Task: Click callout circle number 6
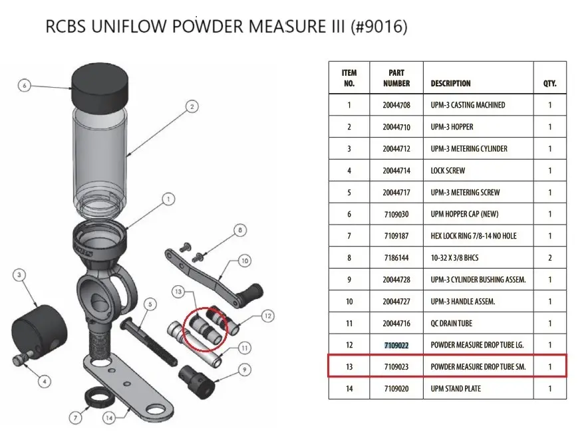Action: click(24, 86)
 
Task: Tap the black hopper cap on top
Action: click(100, 88)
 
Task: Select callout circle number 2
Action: click(192, 107)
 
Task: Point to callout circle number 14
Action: click(109, 418)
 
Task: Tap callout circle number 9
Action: click(244, 370)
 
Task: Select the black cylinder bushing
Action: click(197, 382)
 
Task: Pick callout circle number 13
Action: click(178, 291)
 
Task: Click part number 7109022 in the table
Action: click(396, 346)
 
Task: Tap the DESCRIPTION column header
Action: click(451, 83)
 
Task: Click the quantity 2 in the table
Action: click(549, 258)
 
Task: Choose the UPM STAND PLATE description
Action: click(456, 389)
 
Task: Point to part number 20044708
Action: click(396, 105)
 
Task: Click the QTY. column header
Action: click(549, 83)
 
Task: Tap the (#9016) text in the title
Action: click(379, 27)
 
